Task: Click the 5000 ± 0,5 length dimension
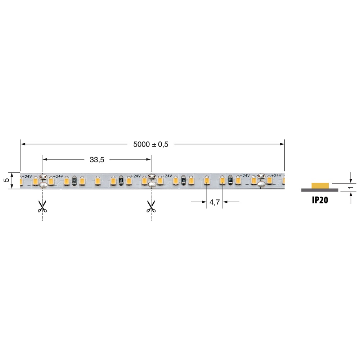tap(150, 144)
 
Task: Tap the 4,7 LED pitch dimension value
tap(215, 203)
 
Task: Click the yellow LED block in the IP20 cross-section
tap(320, 185)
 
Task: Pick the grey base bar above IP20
tap(320, 190)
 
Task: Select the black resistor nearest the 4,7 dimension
tap(230, 180)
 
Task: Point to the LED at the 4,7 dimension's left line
tap(207, 180)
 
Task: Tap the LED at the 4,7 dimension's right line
tap(223, 180)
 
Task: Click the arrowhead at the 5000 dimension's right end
tap(282, 144)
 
